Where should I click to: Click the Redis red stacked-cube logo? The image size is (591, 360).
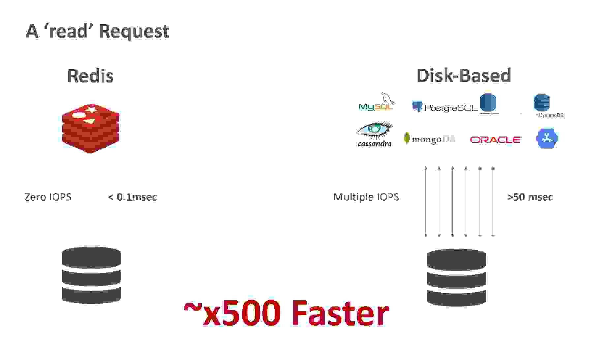91,129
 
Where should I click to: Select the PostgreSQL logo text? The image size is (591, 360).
450,108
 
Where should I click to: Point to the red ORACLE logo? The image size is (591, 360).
495,140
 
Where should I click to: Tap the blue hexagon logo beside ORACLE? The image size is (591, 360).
546,138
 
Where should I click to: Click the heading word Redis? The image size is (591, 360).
90,76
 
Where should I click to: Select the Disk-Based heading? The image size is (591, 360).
464,75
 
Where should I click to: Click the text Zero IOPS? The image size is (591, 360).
48,197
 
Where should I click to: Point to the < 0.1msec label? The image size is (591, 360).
133,197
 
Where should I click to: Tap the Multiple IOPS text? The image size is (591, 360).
366,197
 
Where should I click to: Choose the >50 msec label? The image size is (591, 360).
530,197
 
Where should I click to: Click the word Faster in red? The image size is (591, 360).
340,313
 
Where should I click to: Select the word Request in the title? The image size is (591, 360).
134,31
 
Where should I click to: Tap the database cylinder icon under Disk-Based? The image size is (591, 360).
456,277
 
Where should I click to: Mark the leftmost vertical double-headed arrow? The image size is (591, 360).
426,202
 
